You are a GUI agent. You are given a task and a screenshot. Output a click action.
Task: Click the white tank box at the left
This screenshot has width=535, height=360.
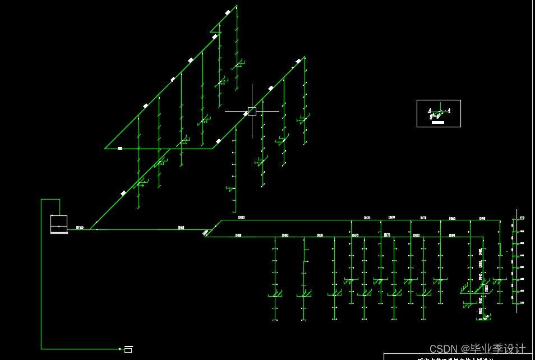(x=59, y=224)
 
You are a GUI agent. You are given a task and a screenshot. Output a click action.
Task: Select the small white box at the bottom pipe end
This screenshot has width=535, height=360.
(x=128, y=349)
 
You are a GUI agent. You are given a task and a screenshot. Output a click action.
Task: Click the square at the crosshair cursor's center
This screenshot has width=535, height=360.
(x=252, y=111)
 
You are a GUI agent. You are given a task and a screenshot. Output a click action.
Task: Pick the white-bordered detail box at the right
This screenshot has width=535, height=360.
(x=439, y=113)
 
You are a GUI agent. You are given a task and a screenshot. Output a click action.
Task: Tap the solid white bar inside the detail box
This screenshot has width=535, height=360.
(x=439, y=122)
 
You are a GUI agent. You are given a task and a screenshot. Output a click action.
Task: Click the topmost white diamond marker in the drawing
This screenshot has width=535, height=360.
(x=228, y=12)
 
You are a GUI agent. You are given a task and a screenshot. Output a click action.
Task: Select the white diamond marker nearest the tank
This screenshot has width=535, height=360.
(x=123, y=193)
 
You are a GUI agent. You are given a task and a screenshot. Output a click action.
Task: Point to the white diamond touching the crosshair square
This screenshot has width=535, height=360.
(x=246, y=114)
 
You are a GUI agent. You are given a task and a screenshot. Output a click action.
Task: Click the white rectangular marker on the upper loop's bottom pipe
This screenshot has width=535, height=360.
(x=120, y=149)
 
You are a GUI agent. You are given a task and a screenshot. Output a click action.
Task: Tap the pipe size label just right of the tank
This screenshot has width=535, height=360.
(x=80, y=228)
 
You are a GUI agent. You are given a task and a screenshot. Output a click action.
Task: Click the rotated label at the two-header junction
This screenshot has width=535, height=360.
(x=205, y=232)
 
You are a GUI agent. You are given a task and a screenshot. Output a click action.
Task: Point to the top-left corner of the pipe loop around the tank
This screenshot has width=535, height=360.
(x=41, y=199)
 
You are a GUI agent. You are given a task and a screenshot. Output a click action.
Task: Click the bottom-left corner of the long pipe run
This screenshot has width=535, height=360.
(x=41, y=349)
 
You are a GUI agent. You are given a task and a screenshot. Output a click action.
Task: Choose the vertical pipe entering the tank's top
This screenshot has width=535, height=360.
(x=59, y=207)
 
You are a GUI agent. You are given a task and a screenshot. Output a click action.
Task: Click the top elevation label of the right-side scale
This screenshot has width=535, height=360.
(x=522, y=218)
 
